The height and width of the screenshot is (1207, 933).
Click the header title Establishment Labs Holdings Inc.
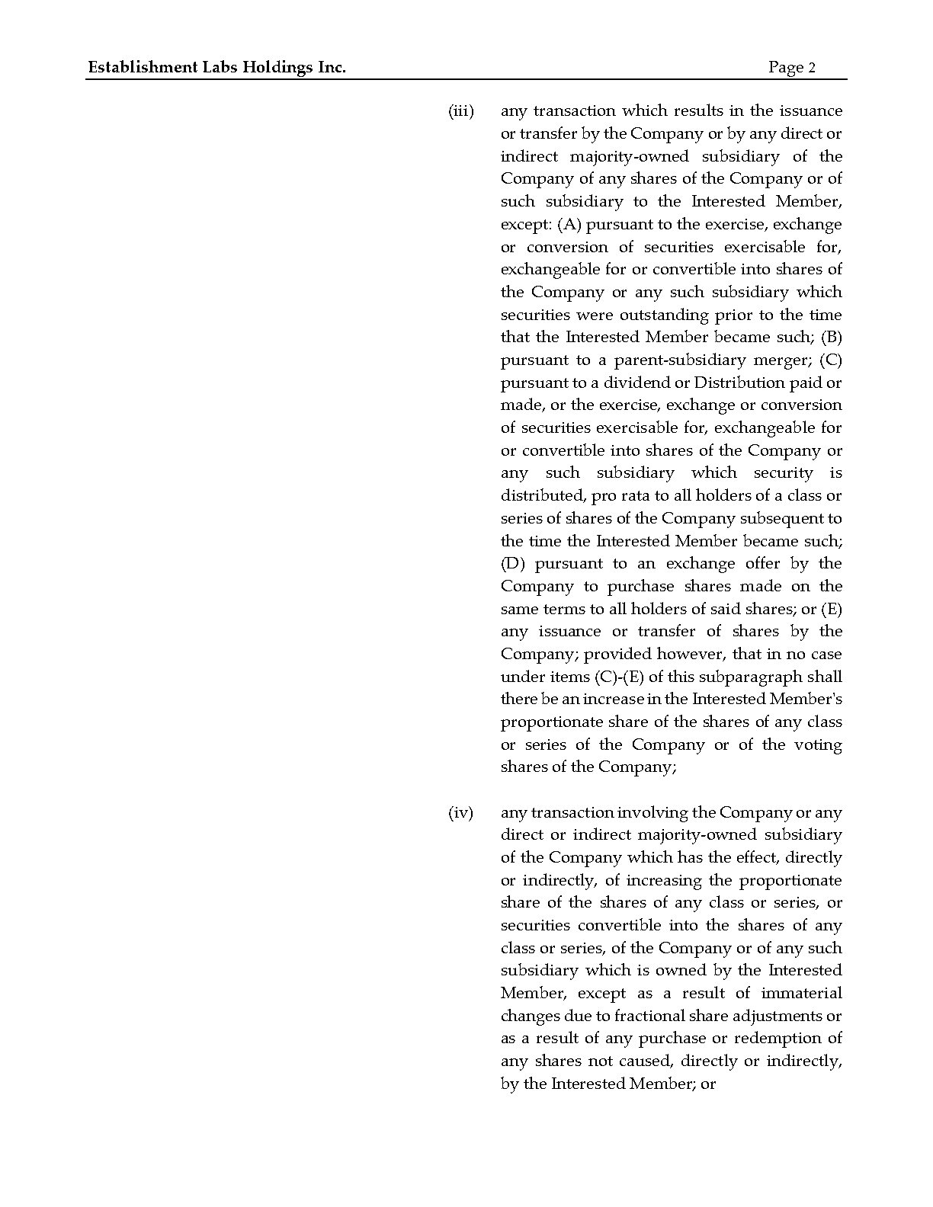pyautogui.click(x=217, y=68)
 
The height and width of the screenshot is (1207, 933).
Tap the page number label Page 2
pyautogui.click(x=792, y=68)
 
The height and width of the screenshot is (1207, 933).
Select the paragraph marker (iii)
pyautogui.click(x=460, y=111)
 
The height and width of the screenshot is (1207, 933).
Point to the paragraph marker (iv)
pyautogui.click(x=460, y=813)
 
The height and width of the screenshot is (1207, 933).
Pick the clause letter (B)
pyautogui.click(x=831, y=338)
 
